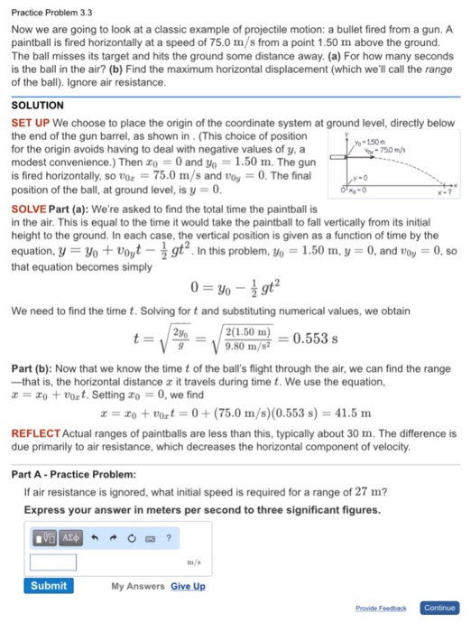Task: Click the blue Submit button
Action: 49,585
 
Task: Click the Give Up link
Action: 188,586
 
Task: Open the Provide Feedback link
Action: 383,609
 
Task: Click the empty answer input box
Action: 52,562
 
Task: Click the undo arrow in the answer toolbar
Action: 95,539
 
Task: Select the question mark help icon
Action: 168,539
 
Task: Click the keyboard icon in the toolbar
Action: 150,539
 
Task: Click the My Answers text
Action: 138,586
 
